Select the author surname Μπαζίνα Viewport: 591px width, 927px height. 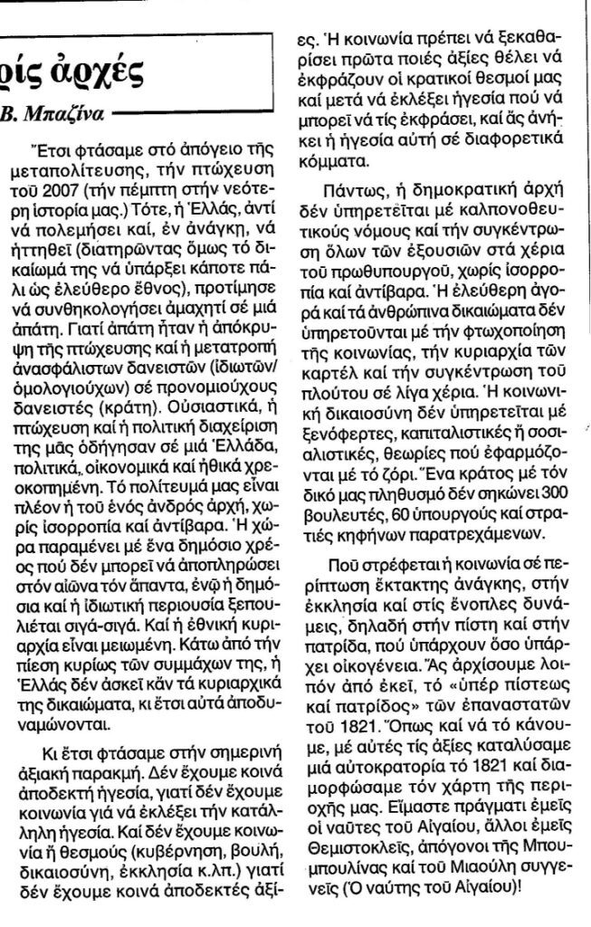click(x=59, y=114)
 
